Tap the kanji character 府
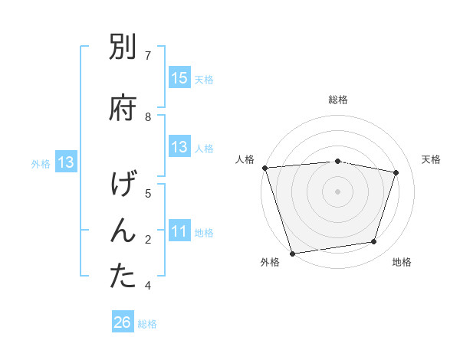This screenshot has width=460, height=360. click(123, 107)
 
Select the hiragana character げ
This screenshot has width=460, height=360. click(123, 186)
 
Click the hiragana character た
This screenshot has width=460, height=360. click(123, 277)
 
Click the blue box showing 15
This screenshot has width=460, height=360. click(179, 78)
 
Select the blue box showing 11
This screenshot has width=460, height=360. click(179, 231)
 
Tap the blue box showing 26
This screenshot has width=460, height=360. click(122, 322)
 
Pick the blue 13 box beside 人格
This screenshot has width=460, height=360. click(179, 147)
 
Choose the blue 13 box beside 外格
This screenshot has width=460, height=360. click(65, 162)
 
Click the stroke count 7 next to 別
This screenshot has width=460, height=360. click(148, 55)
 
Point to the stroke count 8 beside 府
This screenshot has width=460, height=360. click(148, 116)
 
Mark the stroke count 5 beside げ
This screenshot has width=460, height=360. click(148, 193)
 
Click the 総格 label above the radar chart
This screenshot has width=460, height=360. click(338, 100)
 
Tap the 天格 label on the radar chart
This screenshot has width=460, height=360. click(432, 159)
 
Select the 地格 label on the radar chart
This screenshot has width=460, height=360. click(402, 262)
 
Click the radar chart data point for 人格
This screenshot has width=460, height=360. click(264, 168)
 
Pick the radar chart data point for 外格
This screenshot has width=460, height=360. click(292, 252)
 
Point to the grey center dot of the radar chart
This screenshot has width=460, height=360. click(337, 191)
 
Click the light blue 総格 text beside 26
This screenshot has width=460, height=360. click(147, 324)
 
